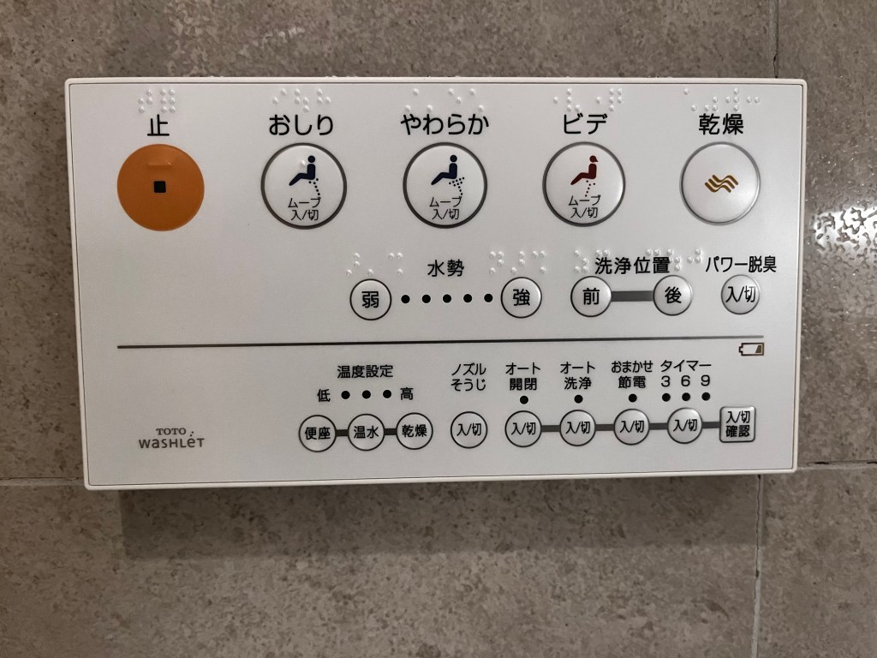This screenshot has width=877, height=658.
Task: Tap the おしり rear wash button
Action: (x=304, y=186)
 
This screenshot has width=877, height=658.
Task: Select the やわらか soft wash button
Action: (x=444, y=186)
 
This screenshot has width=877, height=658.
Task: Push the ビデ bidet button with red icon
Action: (x=584, y=185)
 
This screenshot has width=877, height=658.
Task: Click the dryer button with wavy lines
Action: (x=720, y=183)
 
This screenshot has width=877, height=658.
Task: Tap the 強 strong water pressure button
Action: (x=522, y=297)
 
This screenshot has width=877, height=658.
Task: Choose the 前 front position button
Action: (x=591, y=296)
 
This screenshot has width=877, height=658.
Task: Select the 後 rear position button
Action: (x=672, y=295)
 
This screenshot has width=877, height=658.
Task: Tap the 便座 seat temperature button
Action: (x=318, y=433)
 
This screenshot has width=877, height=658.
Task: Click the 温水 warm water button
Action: (x=366, y=432)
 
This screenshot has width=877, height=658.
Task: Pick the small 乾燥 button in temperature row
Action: (x=415, y=431)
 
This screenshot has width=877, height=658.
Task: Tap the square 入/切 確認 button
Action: (x=737, y=424)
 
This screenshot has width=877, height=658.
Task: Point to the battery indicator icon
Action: (x=751, y=350)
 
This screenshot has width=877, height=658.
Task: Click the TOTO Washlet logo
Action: (x=171, y=439)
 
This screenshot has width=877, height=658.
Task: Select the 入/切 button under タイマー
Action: (x=685, y=426)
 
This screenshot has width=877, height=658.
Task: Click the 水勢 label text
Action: (x=445, y=268)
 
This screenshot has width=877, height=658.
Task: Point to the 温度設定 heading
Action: (x=365, y=372)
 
